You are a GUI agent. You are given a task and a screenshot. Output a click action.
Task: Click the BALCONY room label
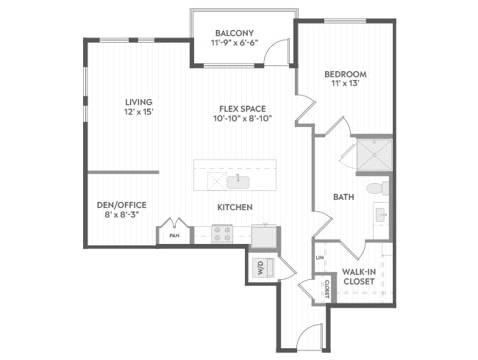point(235,33)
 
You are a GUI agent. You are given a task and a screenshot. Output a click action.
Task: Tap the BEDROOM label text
point(345,74)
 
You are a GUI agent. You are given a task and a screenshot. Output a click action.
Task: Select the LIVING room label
point(138,101)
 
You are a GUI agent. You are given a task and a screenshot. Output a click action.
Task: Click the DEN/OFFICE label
point(122,205)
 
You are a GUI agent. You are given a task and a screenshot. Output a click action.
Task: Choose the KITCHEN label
point(235,207)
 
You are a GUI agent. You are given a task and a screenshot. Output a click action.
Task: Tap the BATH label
point(344,197)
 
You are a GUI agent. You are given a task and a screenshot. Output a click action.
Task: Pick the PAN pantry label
point(174,236)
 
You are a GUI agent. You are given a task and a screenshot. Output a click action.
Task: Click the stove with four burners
point(222,234)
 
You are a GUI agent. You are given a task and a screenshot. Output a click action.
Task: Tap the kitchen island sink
point(239,181)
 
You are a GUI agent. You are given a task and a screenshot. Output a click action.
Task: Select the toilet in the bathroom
point(377,188)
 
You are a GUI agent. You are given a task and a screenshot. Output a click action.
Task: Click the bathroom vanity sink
point(381,215)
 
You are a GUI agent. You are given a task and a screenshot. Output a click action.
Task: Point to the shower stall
point(374,154)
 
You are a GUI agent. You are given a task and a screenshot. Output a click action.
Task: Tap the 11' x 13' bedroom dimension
point(345,84)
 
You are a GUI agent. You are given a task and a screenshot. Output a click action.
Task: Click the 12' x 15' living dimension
point(138,112)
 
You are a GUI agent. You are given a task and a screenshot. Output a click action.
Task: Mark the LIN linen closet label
point(320,258)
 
